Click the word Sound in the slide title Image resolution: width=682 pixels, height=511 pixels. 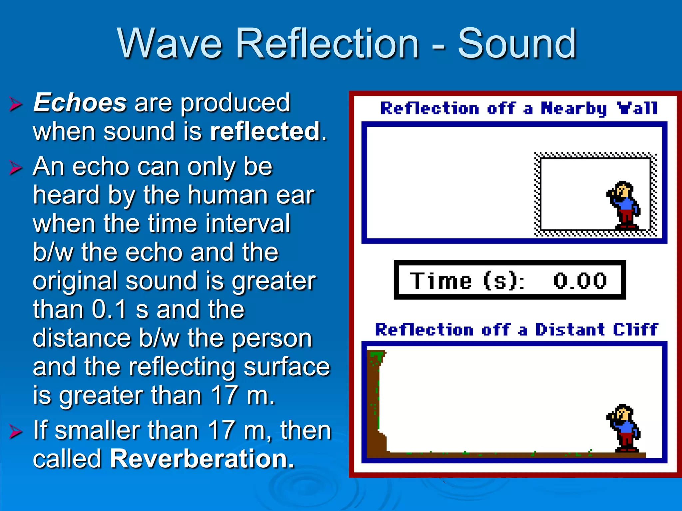516,43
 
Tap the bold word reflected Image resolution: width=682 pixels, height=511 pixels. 265,131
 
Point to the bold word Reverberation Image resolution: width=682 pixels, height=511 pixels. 202,458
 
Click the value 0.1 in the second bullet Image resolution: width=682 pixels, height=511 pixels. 109,309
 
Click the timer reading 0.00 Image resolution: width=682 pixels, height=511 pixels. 580,280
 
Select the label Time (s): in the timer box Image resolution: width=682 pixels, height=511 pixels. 466,280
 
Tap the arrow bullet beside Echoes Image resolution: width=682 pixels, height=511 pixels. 16,104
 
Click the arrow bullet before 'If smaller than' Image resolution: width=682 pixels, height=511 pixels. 16,431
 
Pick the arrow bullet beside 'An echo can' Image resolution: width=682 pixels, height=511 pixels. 16,167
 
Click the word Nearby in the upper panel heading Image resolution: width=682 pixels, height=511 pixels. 573,108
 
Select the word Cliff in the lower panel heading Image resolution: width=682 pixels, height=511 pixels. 635,329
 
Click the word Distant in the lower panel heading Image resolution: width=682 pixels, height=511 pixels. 570,329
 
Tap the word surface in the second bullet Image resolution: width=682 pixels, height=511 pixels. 286,367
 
